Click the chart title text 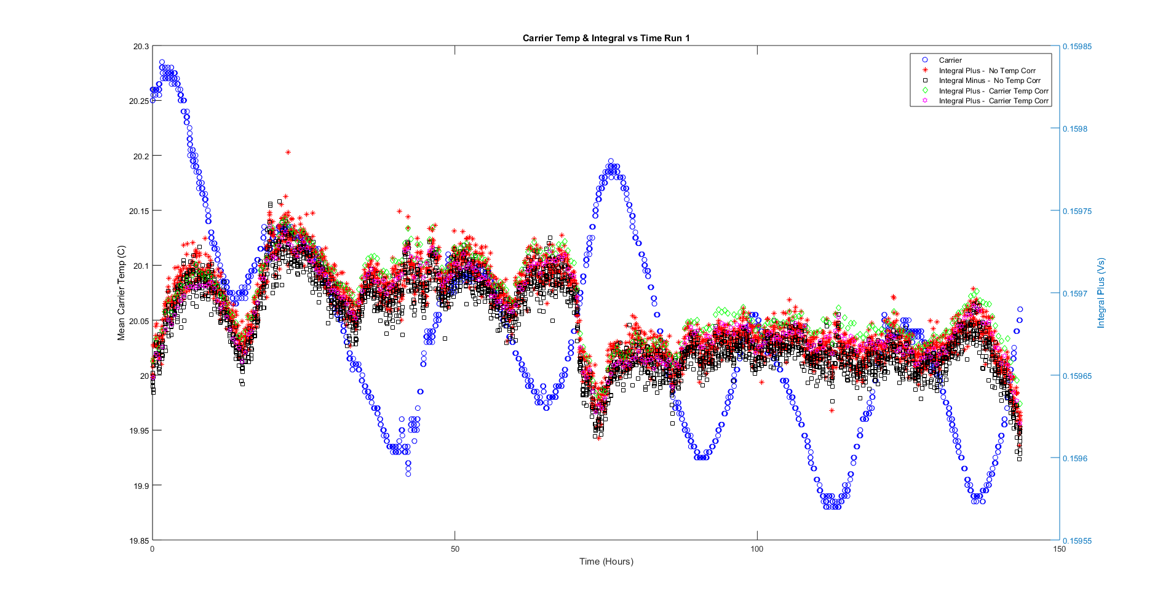click(606, 38)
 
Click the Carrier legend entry click(950, 60)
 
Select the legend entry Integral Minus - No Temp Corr click(989, 81)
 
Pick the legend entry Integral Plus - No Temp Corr click(986, 71)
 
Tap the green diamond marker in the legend click(925, 91)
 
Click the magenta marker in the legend click(925, 101)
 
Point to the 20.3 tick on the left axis click(141, 47)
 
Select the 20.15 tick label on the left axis click(139, 211)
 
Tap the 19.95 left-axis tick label click(139, 431)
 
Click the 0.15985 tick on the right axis click(1077, 47)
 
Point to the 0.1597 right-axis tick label click(1075, 294)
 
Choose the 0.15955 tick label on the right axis click(1077, 541)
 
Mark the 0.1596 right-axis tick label click(1075, 459)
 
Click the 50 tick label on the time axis click(455, 549)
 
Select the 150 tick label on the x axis click(1059, 549)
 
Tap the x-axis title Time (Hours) click(606, 561)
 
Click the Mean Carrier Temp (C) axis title click(122, 293)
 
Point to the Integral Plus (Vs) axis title click(1101, 293)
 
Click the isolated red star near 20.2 click(288, 152)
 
